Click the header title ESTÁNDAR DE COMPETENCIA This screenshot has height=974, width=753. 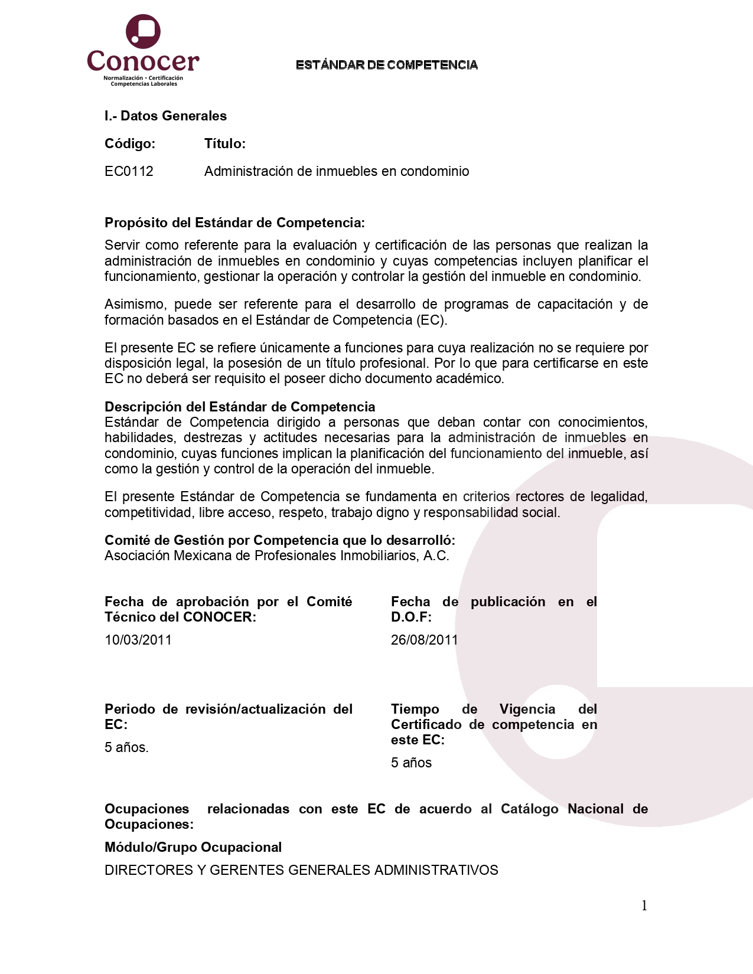[386, 65]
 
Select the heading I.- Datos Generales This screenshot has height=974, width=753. [165, 116]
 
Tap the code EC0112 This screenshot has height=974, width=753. [129, 171]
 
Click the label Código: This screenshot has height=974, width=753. [130, 143]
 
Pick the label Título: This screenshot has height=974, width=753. [225, 143]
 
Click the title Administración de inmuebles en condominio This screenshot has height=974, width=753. [337, 171]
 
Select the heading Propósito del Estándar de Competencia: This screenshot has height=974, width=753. [234, 223]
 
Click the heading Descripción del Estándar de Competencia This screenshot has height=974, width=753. [240, 407]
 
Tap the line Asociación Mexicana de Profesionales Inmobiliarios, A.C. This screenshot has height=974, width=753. [276, 555]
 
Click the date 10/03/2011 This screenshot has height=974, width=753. [138, 640]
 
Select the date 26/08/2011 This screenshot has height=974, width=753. [424, 640]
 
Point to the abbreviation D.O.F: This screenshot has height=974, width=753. [411, 617]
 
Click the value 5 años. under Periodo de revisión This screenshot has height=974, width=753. [126, 747]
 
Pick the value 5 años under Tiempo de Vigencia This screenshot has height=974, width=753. [411, 763]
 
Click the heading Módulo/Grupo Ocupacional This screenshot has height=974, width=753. [193, 847]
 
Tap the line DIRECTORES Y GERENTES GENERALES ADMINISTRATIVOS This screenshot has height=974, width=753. [301, 870]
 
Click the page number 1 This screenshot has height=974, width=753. [644, 906]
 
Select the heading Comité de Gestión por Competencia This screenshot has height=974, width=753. [280, 540]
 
